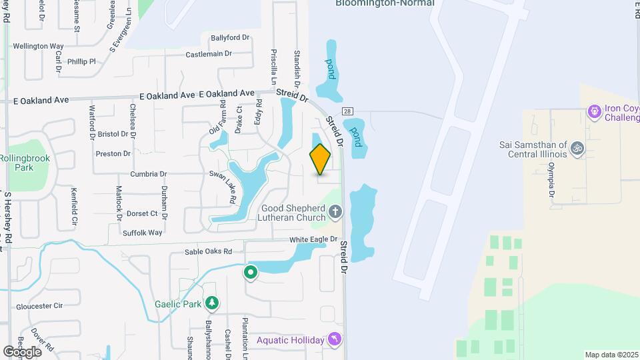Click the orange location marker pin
[x=320, y=159]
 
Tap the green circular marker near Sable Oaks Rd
[x=251, y=272]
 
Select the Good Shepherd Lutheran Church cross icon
[x=335, y=212]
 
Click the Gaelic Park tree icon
[x=212, y=304]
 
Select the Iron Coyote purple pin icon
[x=594, y=111]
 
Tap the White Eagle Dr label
[x=314, y=239]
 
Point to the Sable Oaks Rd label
[x=209, y=252]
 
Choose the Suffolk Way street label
[x=143, y=233]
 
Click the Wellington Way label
[x=38, y=47]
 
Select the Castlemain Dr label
[x=209, y=54]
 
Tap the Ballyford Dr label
[x=229, y=38]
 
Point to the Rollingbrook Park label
[x=25, y=163]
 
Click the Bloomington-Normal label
[x=385, y=3]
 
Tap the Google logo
[x=22, y=351]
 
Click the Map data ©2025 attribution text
[x=611, y=355]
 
